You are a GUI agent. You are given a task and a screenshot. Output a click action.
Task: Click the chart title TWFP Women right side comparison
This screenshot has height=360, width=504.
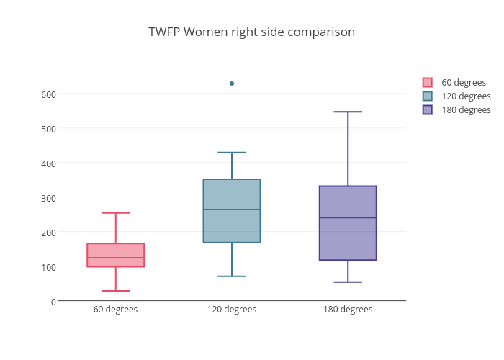click(251, 32)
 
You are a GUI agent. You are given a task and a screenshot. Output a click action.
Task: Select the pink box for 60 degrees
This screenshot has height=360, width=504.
click(115, 249)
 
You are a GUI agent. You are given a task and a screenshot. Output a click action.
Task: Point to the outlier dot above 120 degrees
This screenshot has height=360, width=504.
click(232, 84)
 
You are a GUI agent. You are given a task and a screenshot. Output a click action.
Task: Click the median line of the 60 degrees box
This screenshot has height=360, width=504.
click(115, 258)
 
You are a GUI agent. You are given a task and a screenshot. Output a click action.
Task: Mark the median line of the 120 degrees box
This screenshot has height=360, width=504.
click(232, 210)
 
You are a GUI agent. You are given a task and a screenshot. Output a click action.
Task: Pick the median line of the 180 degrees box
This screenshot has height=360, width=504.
click(348, 217)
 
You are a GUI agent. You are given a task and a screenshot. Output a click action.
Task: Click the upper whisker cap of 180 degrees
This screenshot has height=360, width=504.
click(348, 112)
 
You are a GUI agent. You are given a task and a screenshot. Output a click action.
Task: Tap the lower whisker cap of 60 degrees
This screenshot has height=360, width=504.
click(115, 291)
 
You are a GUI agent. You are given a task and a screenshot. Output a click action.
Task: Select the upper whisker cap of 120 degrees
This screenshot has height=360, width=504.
click(232, 153)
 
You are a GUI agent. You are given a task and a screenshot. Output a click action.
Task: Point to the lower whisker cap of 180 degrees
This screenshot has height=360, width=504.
click(348, 282)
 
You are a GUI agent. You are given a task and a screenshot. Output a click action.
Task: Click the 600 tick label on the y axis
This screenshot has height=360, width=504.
click(48, 94)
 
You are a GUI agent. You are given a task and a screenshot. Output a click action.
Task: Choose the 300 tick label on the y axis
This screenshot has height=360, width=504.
click(48, 197)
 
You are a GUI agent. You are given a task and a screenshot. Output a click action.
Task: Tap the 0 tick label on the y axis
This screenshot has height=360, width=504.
click(53, 301)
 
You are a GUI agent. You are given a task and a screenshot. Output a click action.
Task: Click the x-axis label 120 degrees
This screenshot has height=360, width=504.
click(232, 310)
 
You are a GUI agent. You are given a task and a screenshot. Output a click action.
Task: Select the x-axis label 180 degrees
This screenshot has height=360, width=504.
click(348, 310)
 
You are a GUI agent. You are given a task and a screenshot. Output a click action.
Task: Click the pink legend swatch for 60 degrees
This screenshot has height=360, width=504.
click(428, 82)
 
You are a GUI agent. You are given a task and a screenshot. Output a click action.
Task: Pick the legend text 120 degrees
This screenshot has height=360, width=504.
click(466, 96)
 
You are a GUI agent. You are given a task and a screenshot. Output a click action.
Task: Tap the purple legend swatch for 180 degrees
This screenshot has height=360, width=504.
click(428, 109)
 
